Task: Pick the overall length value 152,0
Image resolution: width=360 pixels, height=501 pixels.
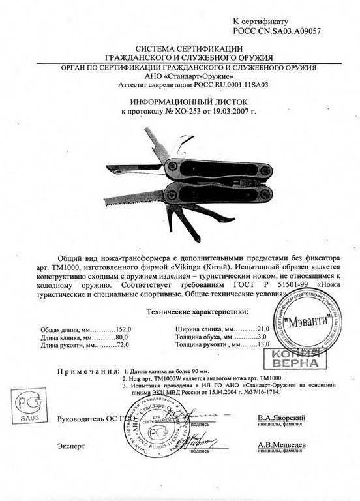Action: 123,330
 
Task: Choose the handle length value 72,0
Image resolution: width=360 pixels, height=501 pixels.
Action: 124,346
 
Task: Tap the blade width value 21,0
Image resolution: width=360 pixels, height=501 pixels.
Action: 262,330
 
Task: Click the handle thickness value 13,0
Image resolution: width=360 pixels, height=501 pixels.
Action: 262,346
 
